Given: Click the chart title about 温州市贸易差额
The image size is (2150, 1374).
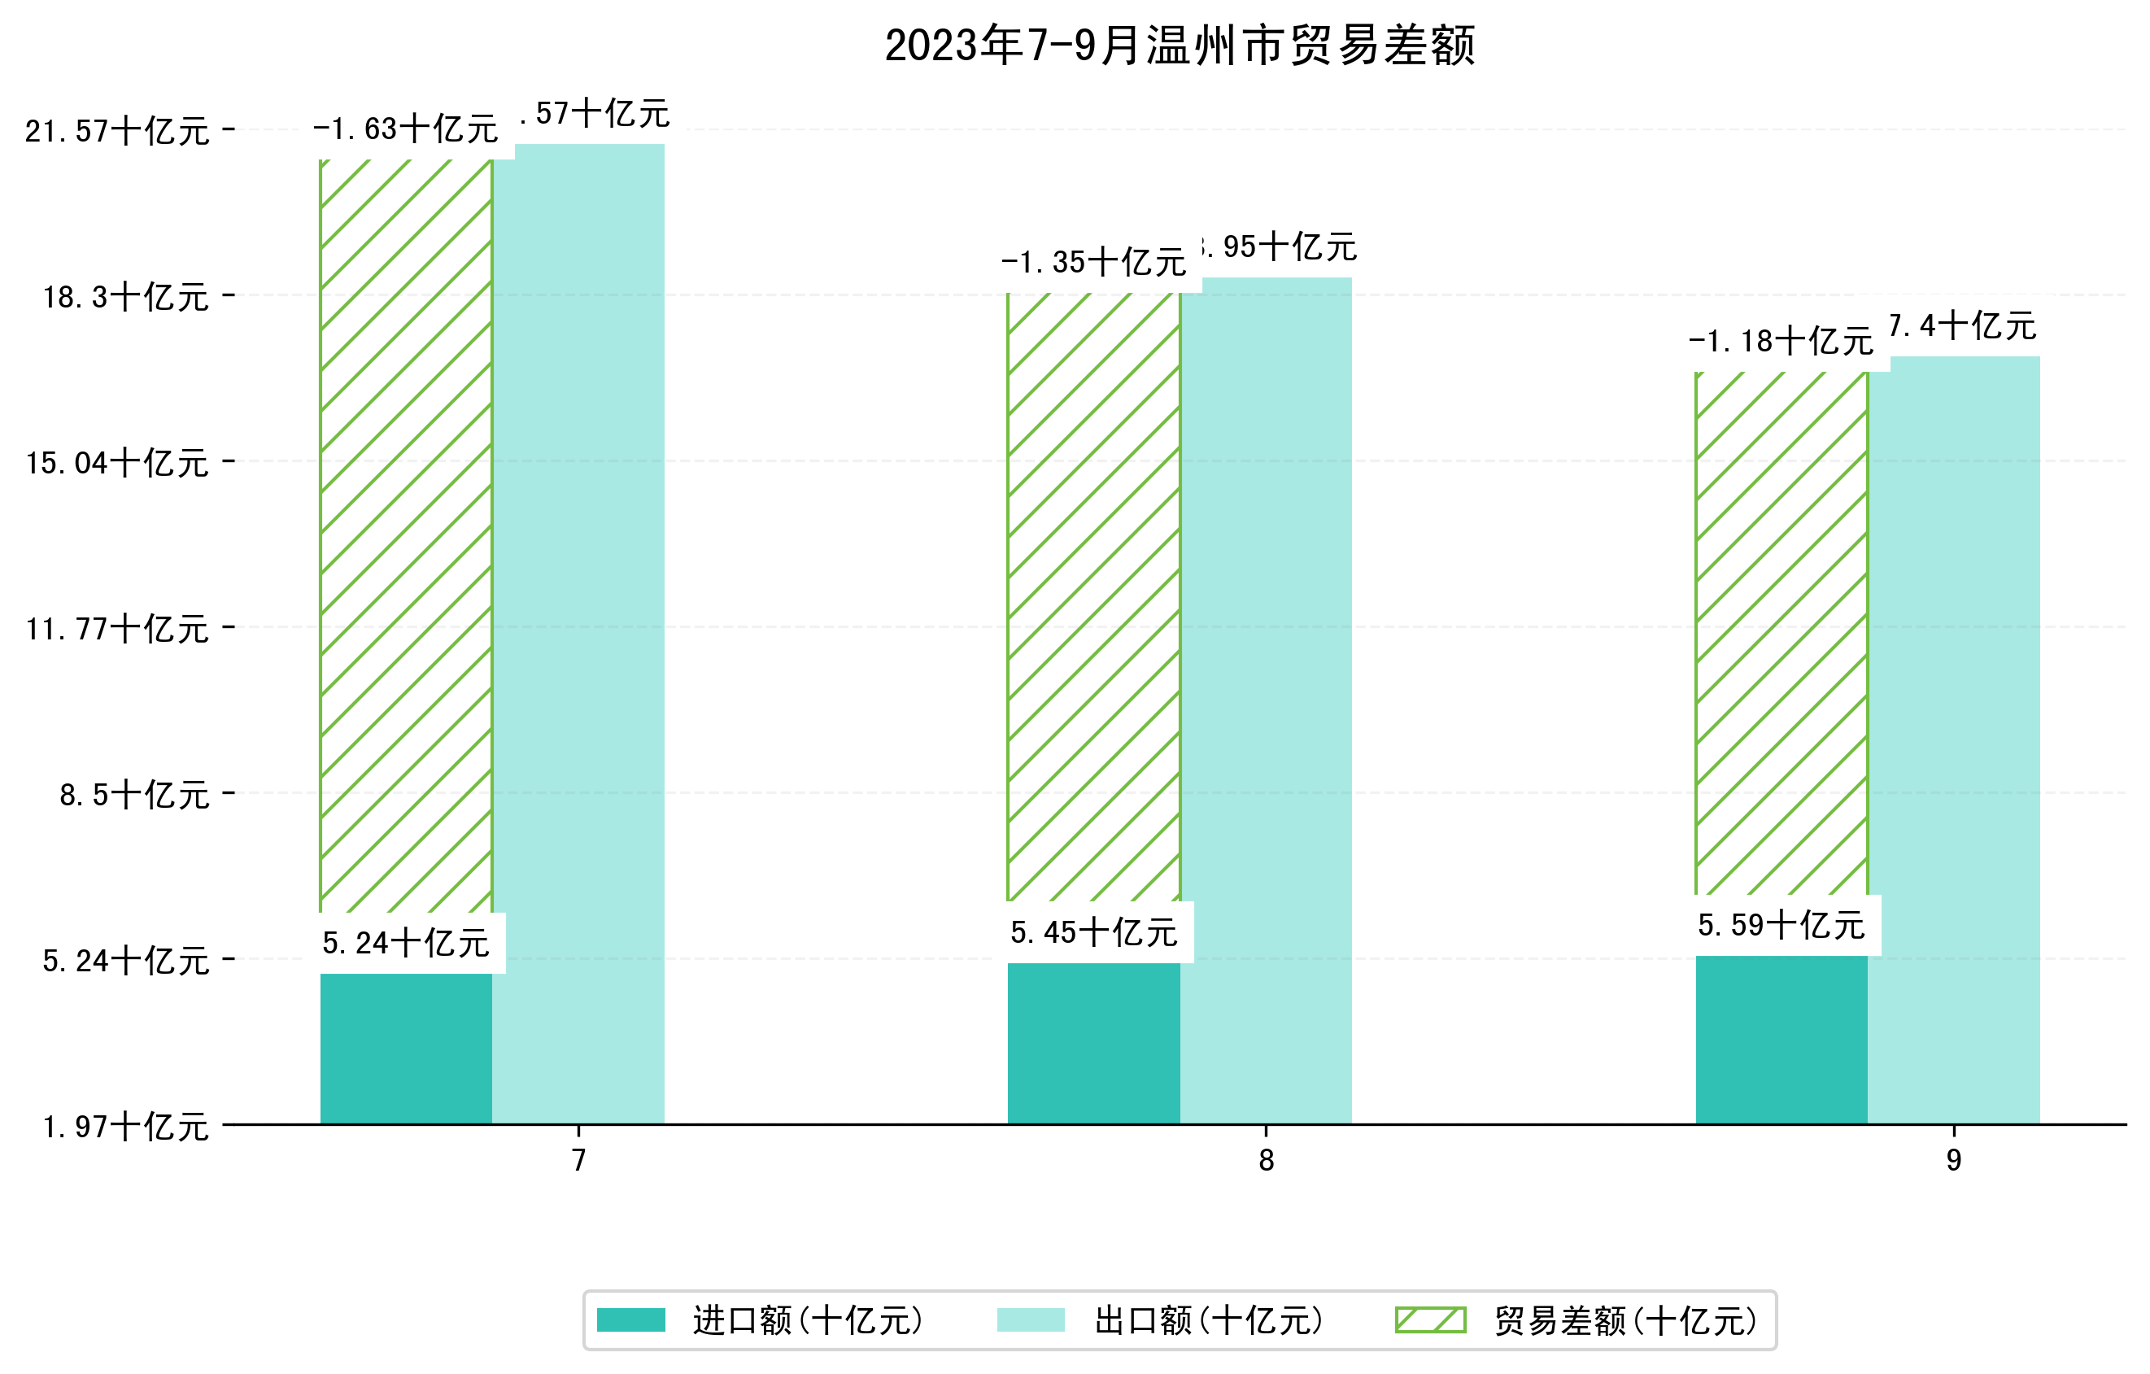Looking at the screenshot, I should (x=1179, y=46).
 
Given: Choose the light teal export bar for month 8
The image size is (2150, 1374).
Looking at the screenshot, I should (x=1266, y=696).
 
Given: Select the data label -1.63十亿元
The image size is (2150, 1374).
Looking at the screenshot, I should (x=405, y=129).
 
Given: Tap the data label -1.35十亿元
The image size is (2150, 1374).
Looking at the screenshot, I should (x=1092, y=263).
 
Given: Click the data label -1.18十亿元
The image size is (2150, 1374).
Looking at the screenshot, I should (x=1781, y=341).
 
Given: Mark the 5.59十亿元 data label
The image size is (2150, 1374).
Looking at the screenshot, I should (x=1781, y=926).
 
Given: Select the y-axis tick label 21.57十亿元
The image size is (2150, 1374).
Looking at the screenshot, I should (x=117, y=131).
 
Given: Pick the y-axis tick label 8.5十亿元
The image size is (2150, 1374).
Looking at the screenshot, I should (x=134, y=795).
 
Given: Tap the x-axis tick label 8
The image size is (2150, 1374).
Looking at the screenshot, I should (x=1265, y=1161).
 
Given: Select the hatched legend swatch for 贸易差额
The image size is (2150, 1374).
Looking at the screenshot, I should (x=1430, y=1319).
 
